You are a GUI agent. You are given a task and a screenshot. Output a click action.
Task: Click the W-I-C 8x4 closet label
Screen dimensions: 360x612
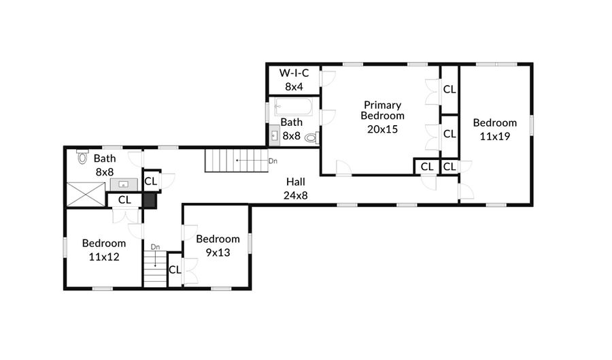293,79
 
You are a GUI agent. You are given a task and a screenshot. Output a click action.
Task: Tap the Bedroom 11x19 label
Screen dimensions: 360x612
494,129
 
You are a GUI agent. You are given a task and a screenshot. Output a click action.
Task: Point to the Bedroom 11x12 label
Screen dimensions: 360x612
104,249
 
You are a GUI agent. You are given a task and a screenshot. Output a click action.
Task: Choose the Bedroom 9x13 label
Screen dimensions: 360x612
218,245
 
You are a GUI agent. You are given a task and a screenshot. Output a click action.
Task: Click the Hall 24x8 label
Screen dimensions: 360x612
296,189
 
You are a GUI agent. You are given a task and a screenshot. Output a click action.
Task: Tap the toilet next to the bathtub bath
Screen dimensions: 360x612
311,137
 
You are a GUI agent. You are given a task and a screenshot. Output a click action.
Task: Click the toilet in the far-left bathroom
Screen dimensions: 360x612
83,157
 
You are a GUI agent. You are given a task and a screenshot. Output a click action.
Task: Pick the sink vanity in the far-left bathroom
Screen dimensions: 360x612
124,184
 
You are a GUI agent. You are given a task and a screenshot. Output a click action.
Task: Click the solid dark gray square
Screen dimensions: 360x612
149,200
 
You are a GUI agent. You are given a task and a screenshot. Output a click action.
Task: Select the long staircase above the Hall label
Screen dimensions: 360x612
237,161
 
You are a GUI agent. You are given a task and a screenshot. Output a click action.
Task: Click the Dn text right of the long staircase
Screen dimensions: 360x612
273,161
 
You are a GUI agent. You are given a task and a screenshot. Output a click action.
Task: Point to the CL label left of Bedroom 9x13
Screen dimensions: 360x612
175,269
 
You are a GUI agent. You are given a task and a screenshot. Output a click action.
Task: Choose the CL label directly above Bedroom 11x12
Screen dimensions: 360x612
124,200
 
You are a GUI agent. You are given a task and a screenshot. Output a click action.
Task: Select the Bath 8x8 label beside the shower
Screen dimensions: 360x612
105,165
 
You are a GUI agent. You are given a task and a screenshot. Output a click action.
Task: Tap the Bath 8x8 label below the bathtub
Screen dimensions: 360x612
292,129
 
